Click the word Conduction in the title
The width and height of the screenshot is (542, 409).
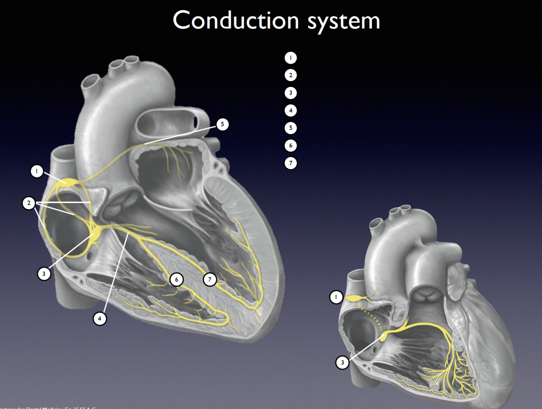coord(236,20)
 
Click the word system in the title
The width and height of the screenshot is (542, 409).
coord(344,21)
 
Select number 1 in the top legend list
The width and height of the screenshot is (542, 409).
coord(291,58)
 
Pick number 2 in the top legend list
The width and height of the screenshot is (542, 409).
coord(291,75)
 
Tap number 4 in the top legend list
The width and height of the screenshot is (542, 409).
coord(291,110)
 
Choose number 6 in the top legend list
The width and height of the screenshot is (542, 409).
coord(291,145)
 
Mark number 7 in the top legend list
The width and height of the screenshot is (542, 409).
coord(291,163)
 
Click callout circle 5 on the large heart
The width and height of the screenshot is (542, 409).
coord(222,124)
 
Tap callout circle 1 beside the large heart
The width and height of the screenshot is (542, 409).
coord(37,171)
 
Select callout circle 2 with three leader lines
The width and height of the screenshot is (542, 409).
coord(29,203)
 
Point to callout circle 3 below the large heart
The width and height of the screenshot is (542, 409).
coord(44,273)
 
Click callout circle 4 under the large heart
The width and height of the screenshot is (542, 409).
coord(100,318)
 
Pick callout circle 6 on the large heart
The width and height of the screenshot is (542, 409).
coord(176,279)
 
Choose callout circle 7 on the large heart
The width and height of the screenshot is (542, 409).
coord(210,279)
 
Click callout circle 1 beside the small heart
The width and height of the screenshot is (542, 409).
coord(336,297)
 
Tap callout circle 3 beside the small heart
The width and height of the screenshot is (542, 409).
coord(343,362)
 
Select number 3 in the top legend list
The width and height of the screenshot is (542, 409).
coord(291,93)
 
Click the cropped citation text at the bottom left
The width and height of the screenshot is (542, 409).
coord(49,407)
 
